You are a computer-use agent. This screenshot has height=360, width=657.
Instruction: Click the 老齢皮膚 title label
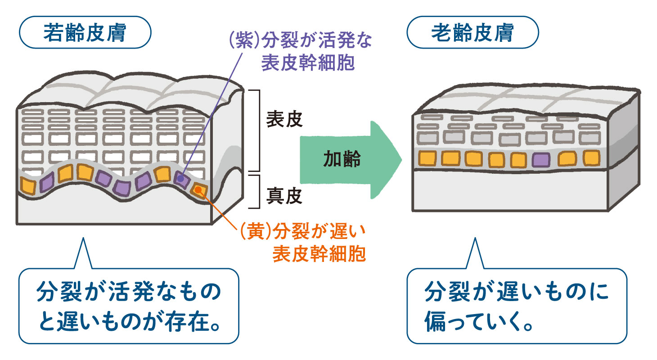coord(472,33)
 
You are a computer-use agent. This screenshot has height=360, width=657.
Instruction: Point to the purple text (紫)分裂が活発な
coord(300,43)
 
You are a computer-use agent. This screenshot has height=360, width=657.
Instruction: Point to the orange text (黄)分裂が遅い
coord(300,234)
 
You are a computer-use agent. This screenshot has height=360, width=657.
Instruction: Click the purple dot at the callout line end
coord(180,179)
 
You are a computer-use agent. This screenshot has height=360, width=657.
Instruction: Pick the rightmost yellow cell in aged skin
coord(591,157)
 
